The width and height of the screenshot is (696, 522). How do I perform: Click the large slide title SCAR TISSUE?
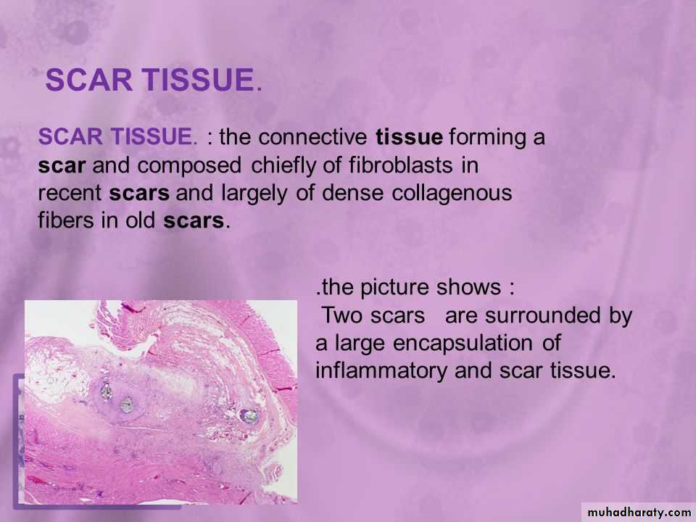pos(154,80)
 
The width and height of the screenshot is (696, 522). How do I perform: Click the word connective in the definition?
pos(312,137)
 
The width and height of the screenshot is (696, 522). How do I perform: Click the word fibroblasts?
pos(400,165)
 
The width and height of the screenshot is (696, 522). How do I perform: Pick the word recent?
pos(70,194)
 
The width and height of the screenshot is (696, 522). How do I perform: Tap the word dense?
pos(352,193)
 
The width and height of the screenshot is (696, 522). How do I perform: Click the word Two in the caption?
pos(341,315)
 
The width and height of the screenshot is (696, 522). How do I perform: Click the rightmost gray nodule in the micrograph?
pos(249,416)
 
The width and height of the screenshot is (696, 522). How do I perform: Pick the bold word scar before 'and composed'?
pos(61,166)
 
